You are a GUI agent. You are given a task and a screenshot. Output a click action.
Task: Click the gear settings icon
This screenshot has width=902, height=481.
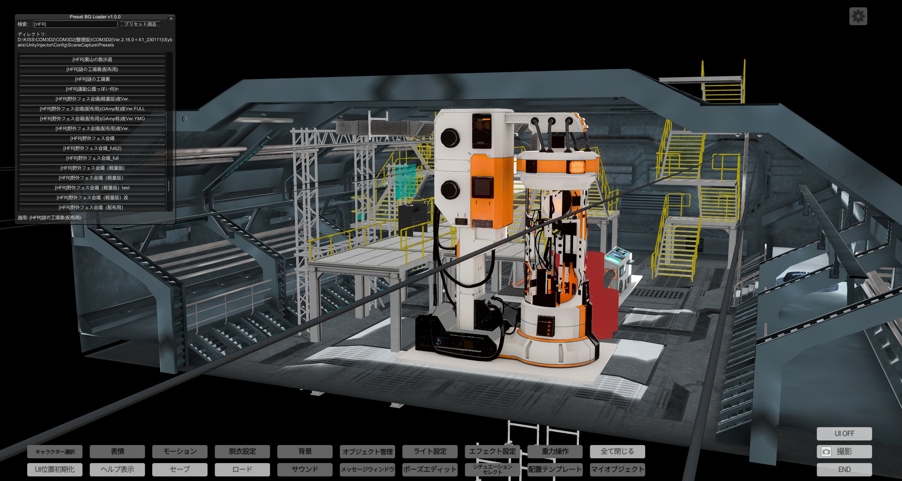pyautogui.click(x=858, y=16)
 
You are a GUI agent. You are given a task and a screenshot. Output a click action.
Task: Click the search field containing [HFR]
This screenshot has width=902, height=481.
pyautogui.click(x=75, y=24)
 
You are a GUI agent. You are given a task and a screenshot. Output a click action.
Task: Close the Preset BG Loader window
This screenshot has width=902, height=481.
pyautogui.click(x=171, y=18)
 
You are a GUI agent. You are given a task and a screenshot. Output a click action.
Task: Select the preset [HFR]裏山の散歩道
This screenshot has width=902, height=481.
pyautogui.click(x=92, y=60)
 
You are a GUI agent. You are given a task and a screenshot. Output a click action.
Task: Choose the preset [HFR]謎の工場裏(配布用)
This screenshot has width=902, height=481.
pyautogui.click(x=92, y=69)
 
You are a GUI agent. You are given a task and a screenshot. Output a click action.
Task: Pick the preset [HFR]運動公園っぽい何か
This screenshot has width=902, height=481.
pyautogui.click(x=92, y=89)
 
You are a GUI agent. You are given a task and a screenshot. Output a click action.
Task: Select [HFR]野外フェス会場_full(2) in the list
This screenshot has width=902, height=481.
pyautogui.click(x=92, y=148)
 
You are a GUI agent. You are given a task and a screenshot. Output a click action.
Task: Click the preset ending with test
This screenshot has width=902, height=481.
pyautogui.click(x=92, y=188)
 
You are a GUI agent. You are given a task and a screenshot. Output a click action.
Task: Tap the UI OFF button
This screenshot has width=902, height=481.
pyautogui.click(x=844, y=433)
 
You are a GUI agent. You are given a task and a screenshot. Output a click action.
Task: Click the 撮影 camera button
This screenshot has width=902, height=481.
pyautogui.click(x=844, y=451)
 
